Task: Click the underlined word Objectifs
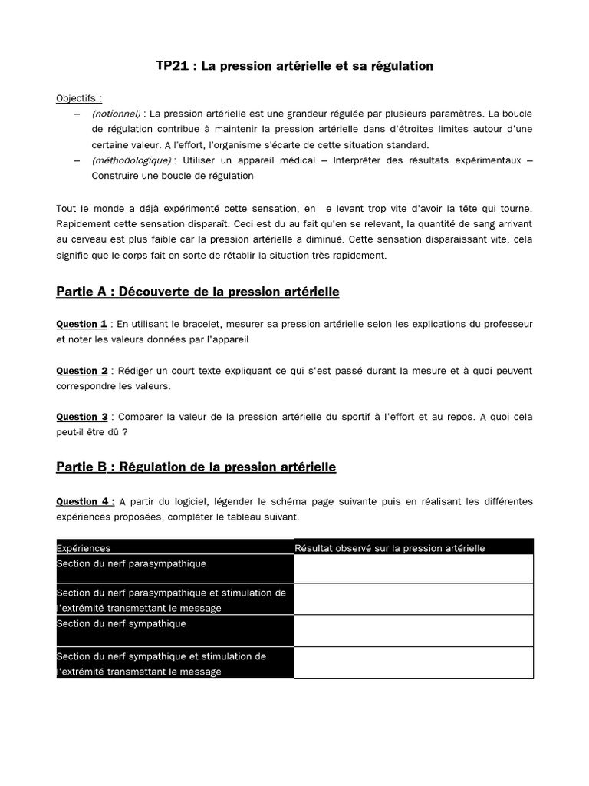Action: coord(78,98)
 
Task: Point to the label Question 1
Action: coord(81,324)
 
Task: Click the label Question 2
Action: coord(81,371)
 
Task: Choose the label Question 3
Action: coord(81,417)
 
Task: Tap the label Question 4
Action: coord(84,501)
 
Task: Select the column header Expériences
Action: coord(84,548)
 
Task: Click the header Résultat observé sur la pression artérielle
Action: coord(390,548)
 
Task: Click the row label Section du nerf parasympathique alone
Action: coord(131,563)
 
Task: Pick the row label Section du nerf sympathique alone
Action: coord(121,624)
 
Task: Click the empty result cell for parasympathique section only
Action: coord(413,569)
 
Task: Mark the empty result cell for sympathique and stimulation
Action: coord(413,662)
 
